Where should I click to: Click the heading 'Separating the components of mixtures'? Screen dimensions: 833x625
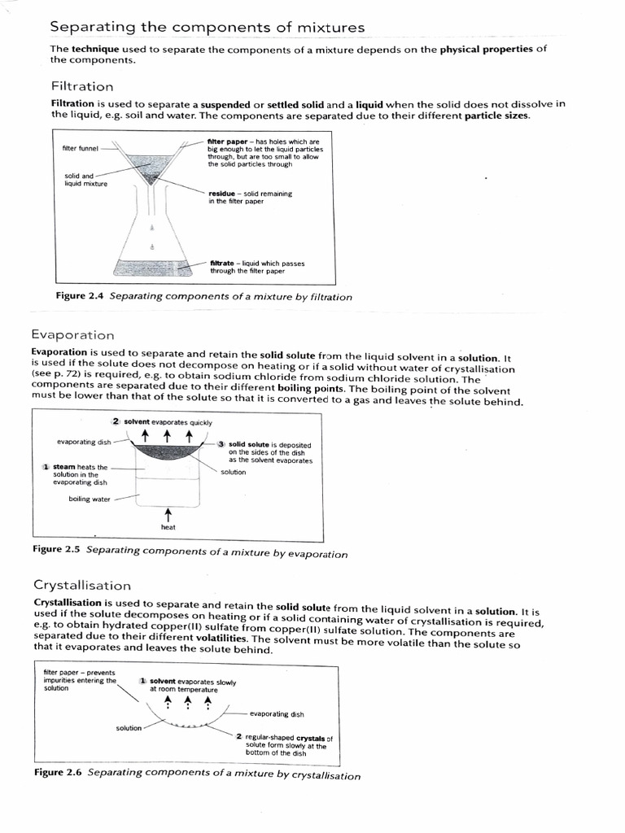207,28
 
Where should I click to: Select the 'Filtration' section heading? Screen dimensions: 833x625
82,86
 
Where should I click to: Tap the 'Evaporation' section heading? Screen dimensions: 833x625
72,335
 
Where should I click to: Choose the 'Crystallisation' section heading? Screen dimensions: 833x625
81,585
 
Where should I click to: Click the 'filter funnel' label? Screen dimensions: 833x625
80,148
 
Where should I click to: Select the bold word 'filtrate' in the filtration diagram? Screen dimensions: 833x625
223,264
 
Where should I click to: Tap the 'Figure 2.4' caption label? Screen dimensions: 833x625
80,297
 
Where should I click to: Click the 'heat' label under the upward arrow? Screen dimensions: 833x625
168,527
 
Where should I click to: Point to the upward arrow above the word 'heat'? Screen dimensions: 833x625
168,513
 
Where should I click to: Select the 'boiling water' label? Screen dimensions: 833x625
90,499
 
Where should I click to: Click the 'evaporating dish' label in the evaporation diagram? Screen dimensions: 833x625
85,442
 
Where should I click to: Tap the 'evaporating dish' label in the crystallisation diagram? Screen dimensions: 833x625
277,714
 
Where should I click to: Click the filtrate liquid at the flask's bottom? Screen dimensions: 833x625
151,266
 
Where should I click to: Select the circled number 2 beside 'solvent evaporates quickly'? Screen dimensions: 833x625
116,422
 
